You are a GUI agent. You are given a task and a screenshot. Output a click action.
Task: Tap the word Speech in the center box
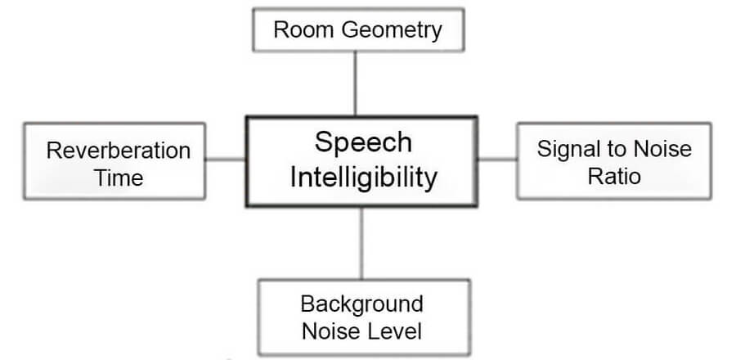tap(363, 142)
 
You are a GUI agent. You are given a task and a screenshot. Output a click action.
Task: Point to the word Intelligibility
tap(362, 176)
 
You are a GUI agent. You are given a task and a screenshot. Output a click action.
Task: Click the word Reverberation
tap(119, 151)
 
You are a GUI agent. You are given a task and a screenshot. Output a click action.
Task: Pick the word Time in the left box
tap(119, 178)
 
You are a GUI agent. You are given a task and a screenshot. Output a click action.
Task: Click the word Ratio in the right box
tap(613, 175)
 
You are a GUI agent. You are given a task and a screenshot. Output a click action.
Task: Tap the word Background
tap(362, 304)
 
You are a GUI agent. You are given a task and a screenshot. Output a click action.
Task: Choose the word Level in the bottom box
tap(396, 331)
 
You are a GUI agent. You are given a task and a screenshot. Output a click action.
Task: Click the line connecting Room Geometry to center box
tap(356, 82)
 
